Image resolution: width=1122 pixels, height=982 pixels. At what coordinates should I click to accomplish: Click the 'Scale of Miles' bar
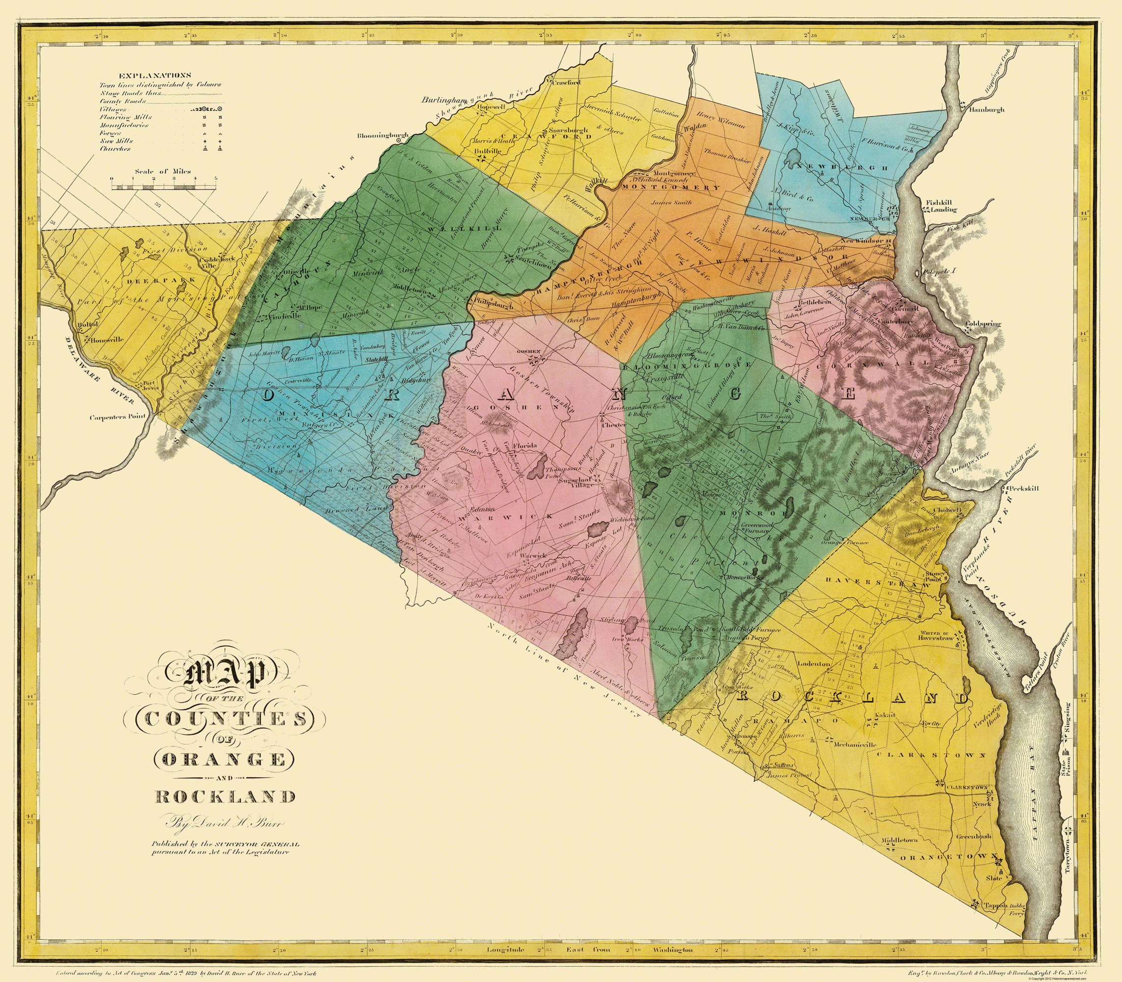coord(164,187)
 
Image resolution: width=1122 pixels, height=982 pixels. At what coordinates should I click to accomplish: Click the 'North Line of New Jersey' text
coord(565,657)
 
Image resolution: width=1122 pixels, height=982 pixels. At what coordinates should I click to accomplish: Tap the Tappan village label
coord(995,905)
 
